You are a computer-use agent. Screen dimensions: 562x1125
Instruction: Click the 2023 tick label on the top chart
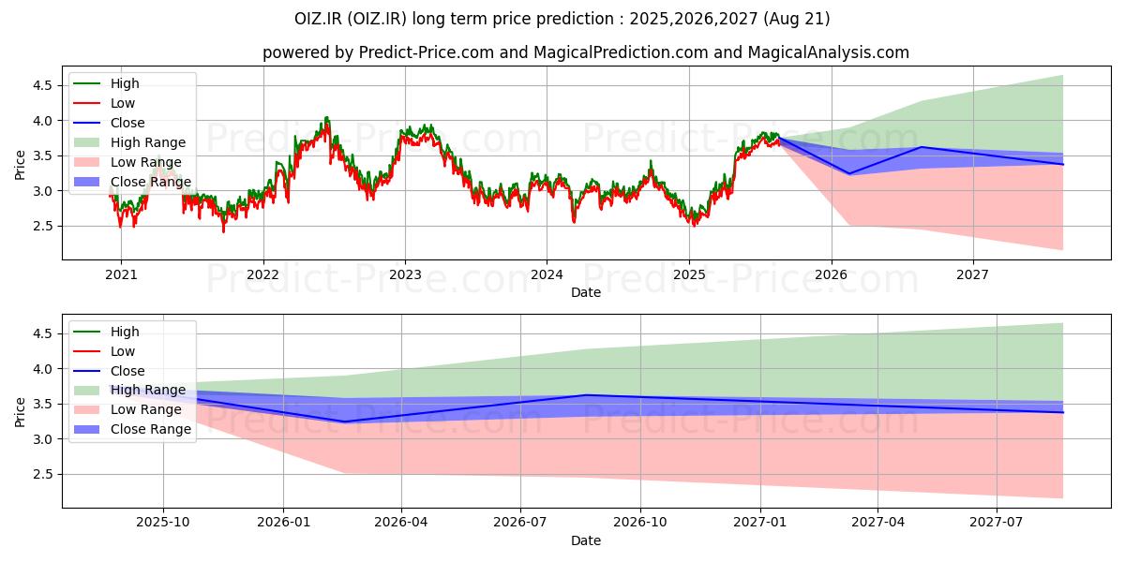pos(405,274)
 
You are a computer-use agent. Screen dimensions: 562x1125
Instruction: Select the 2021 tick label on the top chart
pos(120,274)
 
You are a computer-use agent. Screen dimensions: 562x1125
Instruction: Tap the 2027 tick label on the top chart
pos(973,274)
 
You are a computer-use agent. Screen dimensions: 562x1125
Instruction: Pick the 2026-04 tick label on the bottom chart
pos(401,523)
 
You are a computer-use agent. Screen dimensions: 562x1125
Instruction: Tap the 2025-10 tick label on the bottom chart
pos(163,523)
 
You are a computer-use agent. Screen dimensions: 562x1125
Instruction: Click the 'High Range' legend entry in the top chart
pos(148,142)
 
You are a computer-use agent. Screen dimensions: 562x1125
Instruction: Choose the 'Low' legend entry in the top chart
pos(123,103)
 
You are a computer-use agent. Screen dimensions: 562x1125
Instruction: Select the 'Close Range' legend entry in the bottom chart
pos(151,430)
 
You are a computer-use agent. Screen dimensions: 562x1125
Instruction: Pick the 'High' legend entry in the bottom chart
pos(125,332)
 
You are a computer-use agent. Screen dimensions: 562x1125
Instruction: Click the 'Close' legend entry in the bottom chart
pos(127,371)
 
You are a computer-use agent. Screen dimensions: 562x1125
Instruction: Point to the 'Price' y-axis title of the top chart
pos(21,165)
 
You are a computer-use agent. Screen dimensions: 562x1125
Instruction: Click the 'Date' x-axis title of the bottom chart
pos(586,540)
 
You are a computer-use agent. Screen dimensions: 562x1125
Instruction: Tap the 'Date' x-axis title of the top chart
pos(586,292)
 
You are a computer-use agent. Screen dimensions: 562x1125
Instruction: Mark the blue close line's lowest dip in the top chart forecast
pos(850,173)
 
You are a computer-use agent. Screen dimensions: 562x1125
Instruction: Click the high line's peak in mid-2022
pos(326,117)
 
